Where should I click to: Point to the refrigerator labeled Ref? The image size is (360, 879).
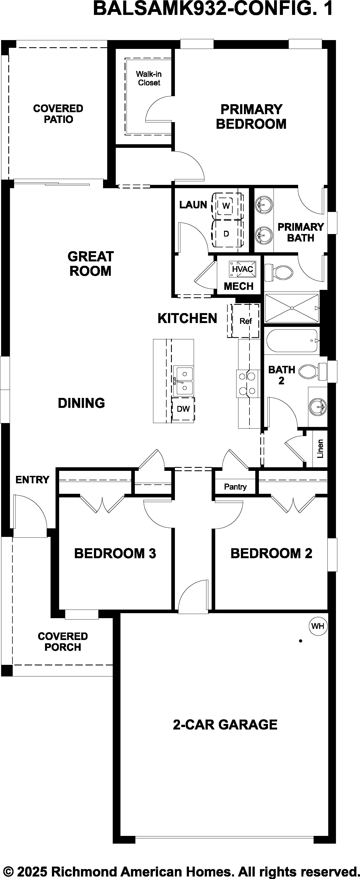(x=245, y=321)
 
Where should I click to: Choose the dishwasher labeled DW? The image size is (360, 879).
(x=183, y=408)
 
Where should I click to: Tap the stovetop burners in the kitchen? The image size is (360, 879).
(x=247, y=384)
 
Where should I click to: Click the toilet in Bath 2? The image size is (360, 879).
(x=312, y=371)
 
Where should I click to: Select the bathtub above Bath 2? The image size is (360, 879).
(x=293, y=340)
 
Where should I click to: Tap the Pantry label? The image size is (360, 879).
(x=235, y=487)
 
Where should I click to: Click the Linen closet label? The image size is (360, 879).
(x=320, y=448)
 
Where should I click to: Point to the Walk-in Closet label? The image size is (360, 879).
(x=149, y=78)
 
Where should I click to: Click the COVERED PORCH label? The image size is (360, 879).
(x=63, y=642)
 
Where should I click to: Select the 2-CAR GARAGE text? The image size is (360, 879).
(x=225, y=725)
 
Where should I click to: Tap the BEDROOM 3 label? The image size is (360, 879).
(x=115, y=553)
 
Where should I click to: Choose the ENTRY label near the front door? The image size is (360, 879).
(x=32, y=480)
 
